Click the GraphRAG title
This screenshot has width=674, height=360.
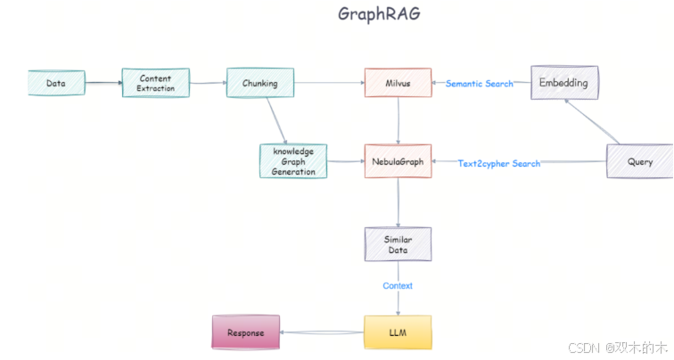pyautogui.click(x=378, y=14)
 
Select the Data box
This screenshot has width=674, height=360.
pyautogui.click(x=56, y=84)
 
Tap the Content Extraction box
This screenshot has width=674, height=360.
pyautogui.click(x=155, y=84)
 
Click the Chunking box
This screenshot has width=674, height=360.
pyautogui.click(x=259, y=84)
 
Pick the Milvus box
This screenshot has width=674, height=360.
pyautogui.click(x=398, y=84)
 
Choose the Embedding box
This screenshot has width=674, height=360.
pyautogui.click(x=564, y=83)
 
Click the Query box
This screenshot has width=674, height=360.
pyautogui.click(x=639, y=161)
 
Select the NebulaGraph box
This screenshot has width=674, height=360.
pyautogui.click(x=398, y=162)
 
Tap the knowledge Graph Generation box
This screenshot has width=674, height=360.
pyautogui.click(x=293, y=161)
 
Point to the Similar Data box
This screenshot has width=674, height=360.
pyautogui.click(x=398, y=244)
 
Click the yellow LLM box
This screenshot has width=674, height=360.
pyautogui.click(x=398, y=332)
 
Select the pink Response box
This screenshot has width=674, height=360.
pyautogui.click(x=245, y=332)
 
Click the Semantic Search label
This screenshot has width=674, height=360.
pyautogui.click(x=480, y=84)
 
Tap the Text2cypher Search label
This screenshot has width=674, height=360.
pyautogui.click(x=498, y=163)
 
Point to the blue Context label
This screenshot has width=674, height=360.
pyautogui.click(x=398, y=286)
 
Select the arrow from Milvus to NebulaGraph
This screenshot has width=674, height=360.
pyautogui.click(x=398, y=121)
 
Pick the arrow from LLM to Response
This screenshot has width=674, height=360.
pyautogui.click(x=321, y=332)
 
